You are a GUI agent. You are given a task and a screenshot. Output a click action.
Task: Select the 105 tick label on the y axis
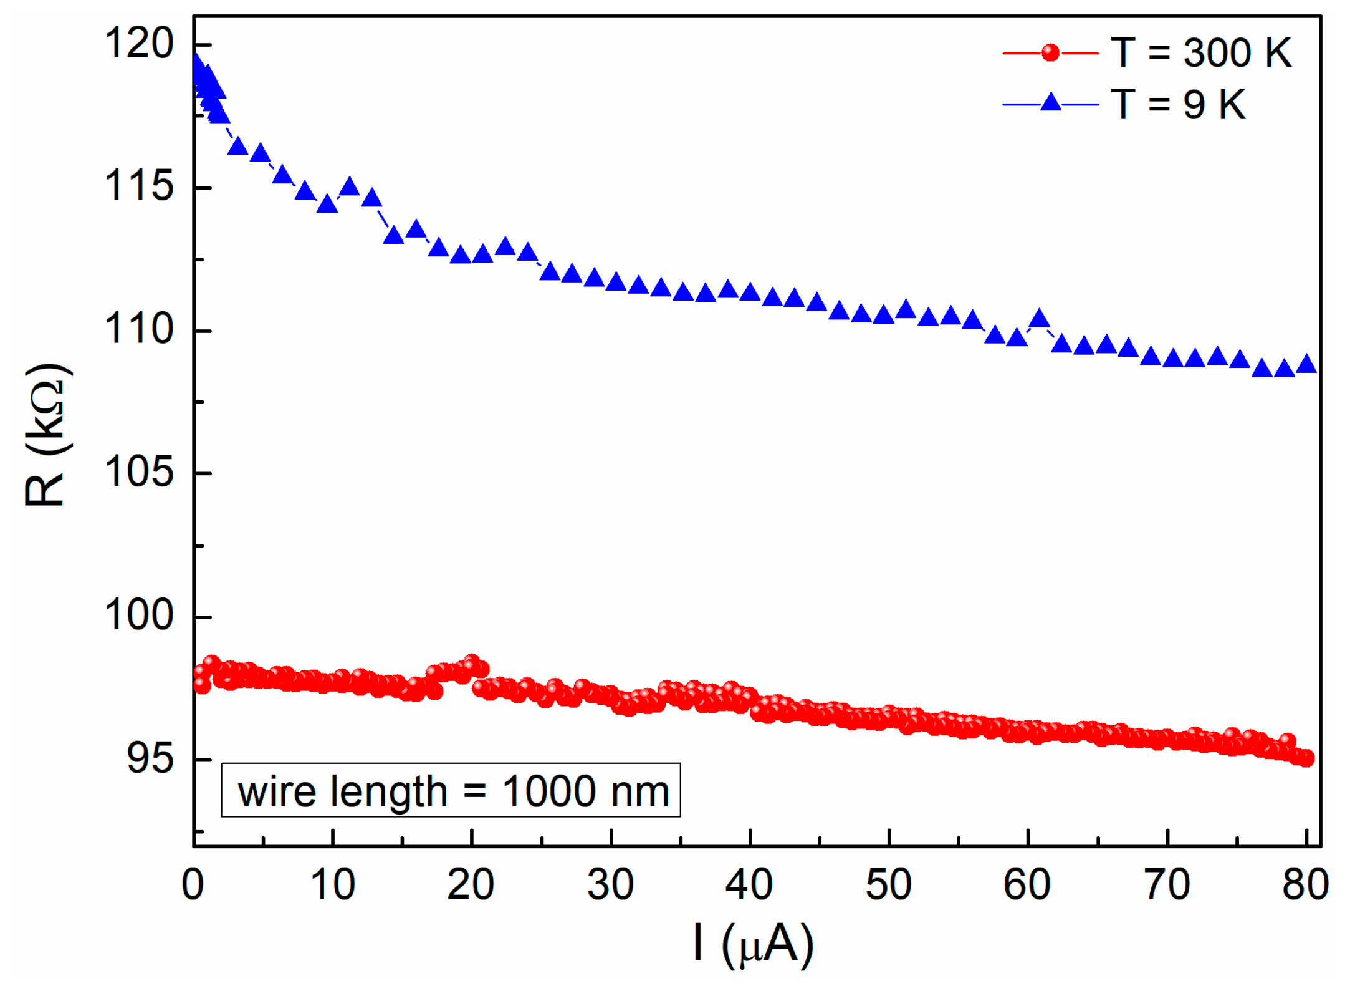click(x=139, y=473)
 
